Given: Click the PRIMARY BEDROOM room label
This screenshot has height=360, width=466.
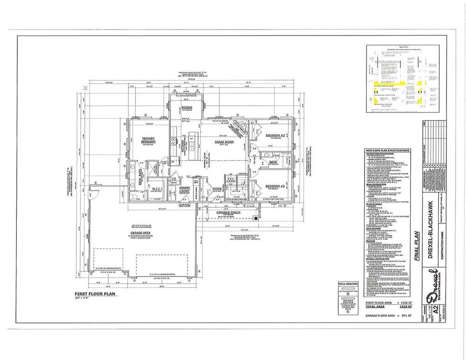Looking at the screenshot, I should click(x=149, y=140).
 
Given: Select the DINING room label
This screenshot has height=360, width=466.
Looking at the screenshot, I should click(x=187, y=107).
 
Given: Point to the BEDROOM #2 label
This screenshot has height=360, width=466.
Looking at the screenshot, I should click(x=275, y=136).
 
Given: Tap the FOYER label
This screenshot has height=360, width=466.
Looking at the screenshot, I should click(x=217, y=188).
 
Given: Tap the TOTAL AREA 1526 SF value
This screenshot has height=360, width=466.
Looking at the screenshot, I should click(x=404, y=307).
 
